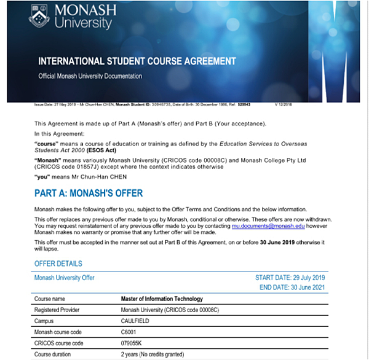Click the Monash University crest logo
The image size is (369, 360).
(39, 17)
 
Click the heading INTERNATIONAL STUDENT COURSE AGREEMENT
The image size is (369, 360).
(137, 61)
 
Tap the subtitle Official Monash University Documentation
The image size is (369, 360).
(90, 76)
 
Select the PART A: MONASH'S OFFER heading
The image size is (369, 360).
(89, 193)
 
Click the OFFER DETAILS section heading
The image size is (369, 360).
(58, 264)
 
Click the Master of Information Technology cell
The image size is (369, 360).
(162, 299)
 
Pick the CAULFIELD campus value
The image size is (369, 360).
(137, 321)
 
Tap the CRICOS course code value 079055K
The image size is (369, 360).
(133, 343)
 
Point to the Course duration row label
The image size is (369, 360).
(55, 354)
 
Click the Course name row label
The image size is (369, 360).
(50, 299)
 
